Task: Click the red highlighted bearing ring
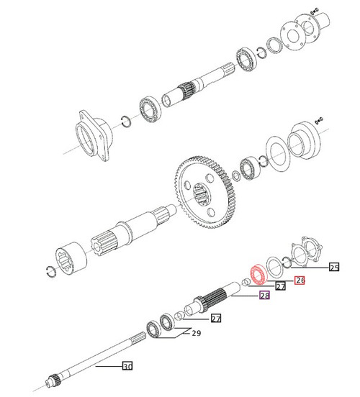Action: [258, 275]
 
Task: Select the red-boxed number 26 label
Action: [300, 280]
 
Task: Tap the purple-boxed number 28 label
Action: [264, 296]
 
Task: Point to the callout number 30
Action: [127, 367]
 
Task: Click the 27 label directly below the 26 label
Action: [281, 286]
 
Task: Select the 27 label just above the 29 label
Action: [215, 319]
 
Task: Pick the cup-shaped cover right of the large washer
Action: [306, 142]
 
